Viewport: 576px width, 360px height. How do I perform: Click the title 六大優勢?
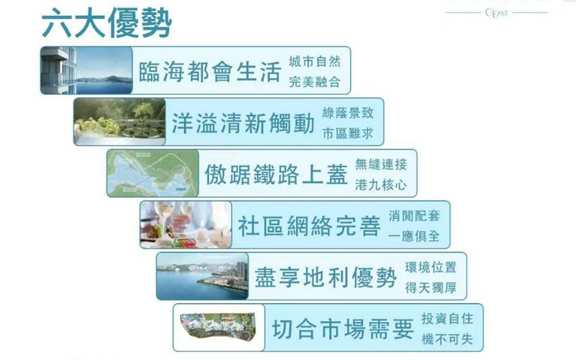pyautogui.click(x=107, y=23)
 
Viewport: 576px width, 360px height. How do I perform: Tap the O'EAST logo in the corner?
pyautogui.click(x=496, y=13)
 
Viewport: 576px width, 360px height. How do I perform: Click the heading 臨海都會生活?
pyautogui.click(x=210, y=71)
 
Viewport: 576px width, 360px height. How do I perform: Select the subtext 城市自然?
pyautogui.click(x=315, y=62)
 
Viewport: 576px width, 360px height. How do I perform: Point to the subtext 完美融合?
pyautogui.click(x=315, y=81)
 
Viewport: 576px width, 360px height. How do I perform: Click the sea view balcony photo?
pyautogui.click(x=86, y=70)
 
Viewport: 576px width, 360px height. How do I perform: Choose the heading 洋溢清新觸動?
pyautogui.click(x=243, y=123)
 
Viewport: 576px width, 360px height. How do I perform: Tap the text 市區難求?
pyautogui.click(x=347, y=133)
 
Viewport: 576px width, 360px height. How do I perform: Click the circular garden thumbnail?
pyautogui.click(x=120, y=122)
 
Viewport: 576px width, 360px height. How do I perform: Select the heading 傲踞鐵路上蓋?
pyautogui.click(x=276, y=174)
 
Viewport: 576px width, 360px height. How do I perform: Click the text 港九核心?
pyautogui.click(x=381, y=185)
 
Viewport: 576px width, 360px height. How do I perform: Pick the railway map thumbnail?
pyautogui.click(x=153, y=173)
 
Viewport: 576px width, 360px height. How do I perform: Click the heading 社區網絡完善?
pyautogui.click(x=309, y=226)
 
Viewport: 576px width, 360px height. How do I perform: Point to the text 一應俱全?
pyautogui.click(x=414, y=236)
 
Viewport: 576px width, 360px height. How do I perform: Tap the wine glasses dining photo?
pyautogui.click(x=186, y=225)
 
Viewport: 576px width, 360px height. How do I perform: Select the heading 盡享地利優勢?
pyautogui.click(x=325, y=277)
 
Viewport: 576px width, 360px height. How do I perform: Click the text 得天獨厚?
pyautogui.click(x=431, y=287)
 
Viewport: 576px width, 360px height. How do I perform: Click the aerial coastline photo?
pyautogui.click(x=203, y=276)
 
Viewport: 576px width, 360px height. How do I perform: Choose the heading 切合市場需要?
pyautogui.click(x=342, y=328)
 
